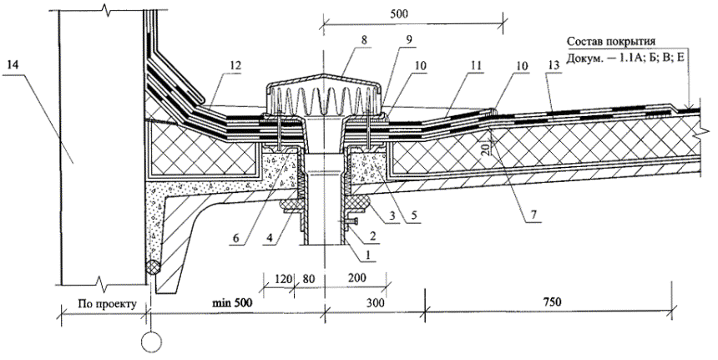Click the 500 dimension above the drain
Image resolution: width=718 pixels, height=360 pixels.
click(x=412, y=13)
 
